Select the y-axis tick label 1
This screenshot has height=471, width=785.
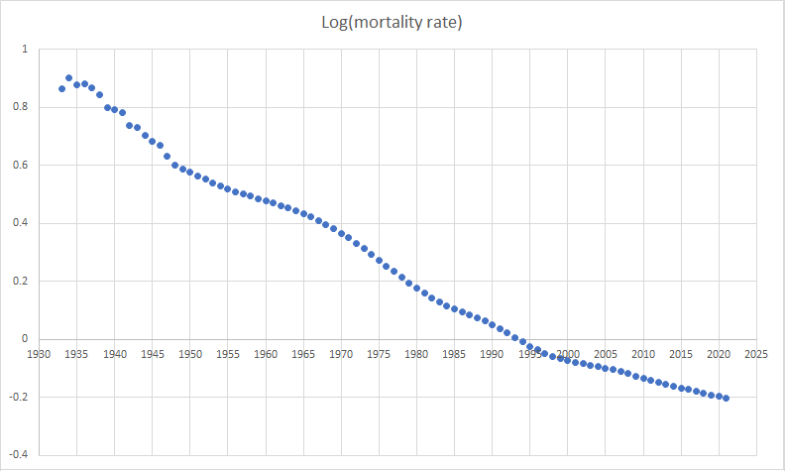[26, 50]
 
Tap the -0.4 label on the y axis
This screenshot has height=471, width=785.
[19, 454]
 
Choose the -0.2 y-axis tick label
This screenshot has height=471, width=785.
[19, 397]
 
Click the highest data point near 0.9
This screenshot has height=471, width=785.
[69, 77]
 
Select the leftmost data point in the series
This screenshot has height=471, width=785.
[61, 88]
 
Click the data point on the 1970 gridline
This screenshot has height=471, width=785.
[341, 233]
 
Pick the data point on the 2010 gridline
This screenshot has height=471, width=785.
[643, 378]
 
